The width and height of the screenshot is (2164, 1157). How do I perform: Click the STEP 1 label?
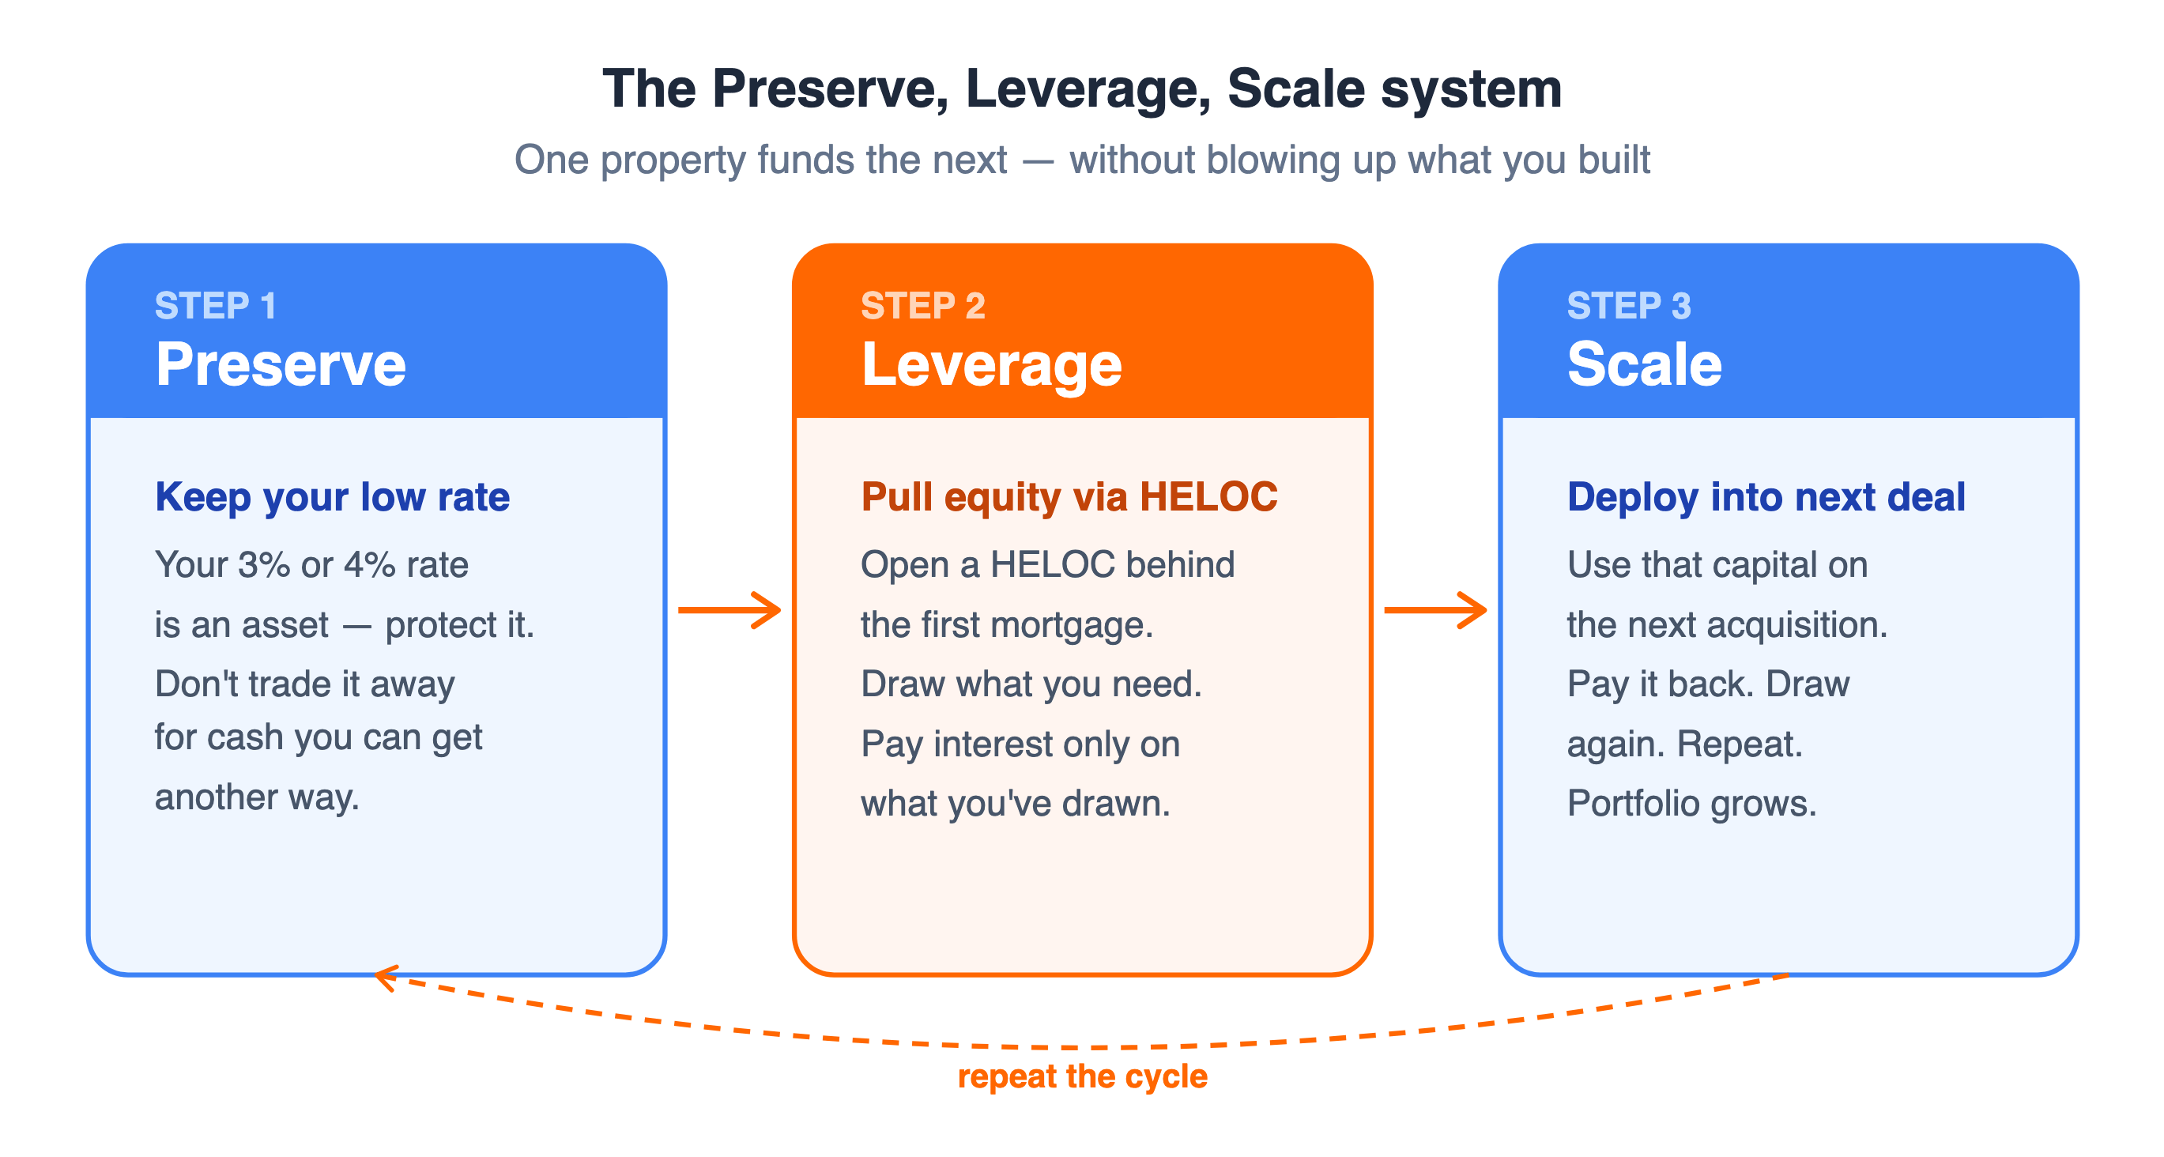click(215, 306)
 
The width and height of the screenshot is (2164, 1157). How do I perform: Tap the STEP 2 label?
click(923, 306)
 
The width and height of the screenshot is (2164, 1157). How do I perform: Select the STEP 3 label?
click(1629, 306)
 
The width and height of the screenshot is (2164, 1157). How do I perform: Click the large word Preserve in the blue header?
click(281, 364)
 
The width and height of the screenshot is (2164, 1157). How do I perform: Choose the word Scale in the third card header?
click(1645, 364)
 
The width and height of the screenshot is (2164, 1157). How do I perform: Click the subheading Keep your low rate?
click(332, 497)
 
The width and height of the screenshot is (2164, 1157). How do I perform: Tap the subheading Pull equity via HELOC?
click(1069, 497)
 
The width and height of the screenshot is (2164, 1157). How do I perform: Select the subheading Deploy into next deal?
click(1766, 497)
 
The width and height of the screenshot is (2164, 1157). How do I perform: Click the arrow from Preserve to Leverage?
click(730, 610)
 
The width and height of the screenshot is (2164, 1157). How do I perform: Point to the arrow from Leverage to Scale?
click(1435, 610)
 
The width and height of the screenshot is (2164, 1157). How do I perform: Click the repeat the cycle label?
click(1082, 1077)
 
